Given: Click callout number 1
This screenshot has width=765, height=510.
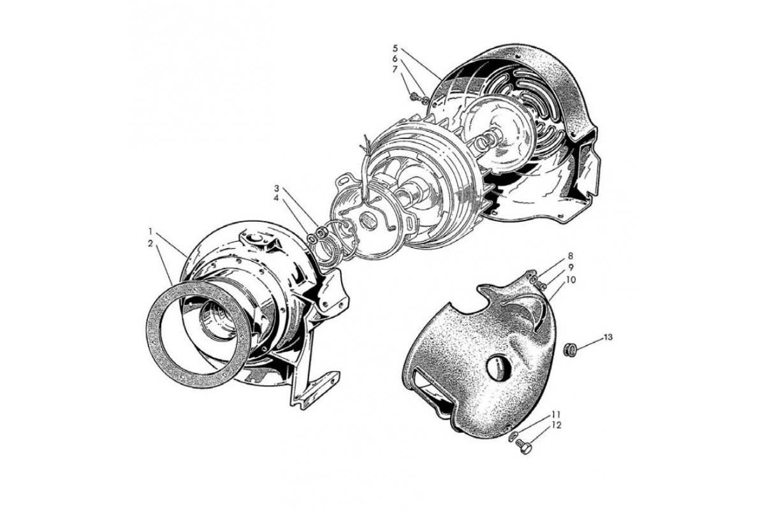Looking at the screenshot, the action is coord(150,231).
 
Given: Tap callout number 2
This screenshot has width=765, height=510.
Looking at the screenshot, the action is coord(150,244).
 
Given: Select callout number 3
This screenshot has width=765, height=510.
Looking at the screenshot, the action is coord(277,188).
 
